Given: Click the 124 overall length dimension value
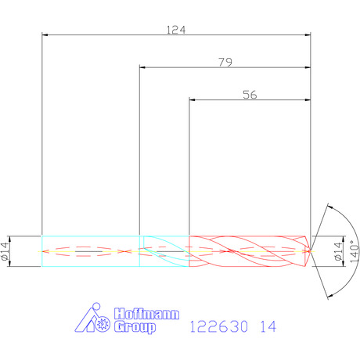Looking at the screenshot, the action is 176,30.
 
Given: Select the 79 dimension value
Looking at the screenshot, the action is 225,62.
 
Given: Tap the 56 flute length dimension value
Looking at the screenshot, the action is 250,95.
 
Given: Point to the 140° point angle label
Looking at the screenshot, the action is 355,251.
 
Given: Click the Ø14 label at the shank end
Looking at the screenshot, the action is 5,251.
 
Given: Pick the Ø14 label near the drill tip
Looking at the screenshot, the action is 338,251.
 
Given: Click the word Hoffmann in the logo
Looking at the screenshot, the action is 146,314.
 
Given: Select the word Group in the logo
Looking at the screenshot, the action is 135,327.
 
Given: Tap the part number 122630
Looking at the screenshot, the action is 218,326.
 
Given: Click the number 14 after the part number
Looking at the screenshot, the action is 268,326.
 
